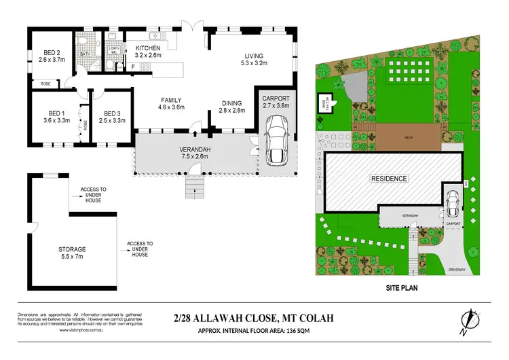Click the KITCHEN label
tap(148, 48)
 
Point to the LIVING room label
tap(251, 56)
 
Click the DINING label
tap(232, 103)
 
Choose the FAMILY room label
tap(171, 98)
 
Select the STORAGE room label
tap(72, 249)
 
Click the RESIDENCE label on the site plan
tap(389, 179)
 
